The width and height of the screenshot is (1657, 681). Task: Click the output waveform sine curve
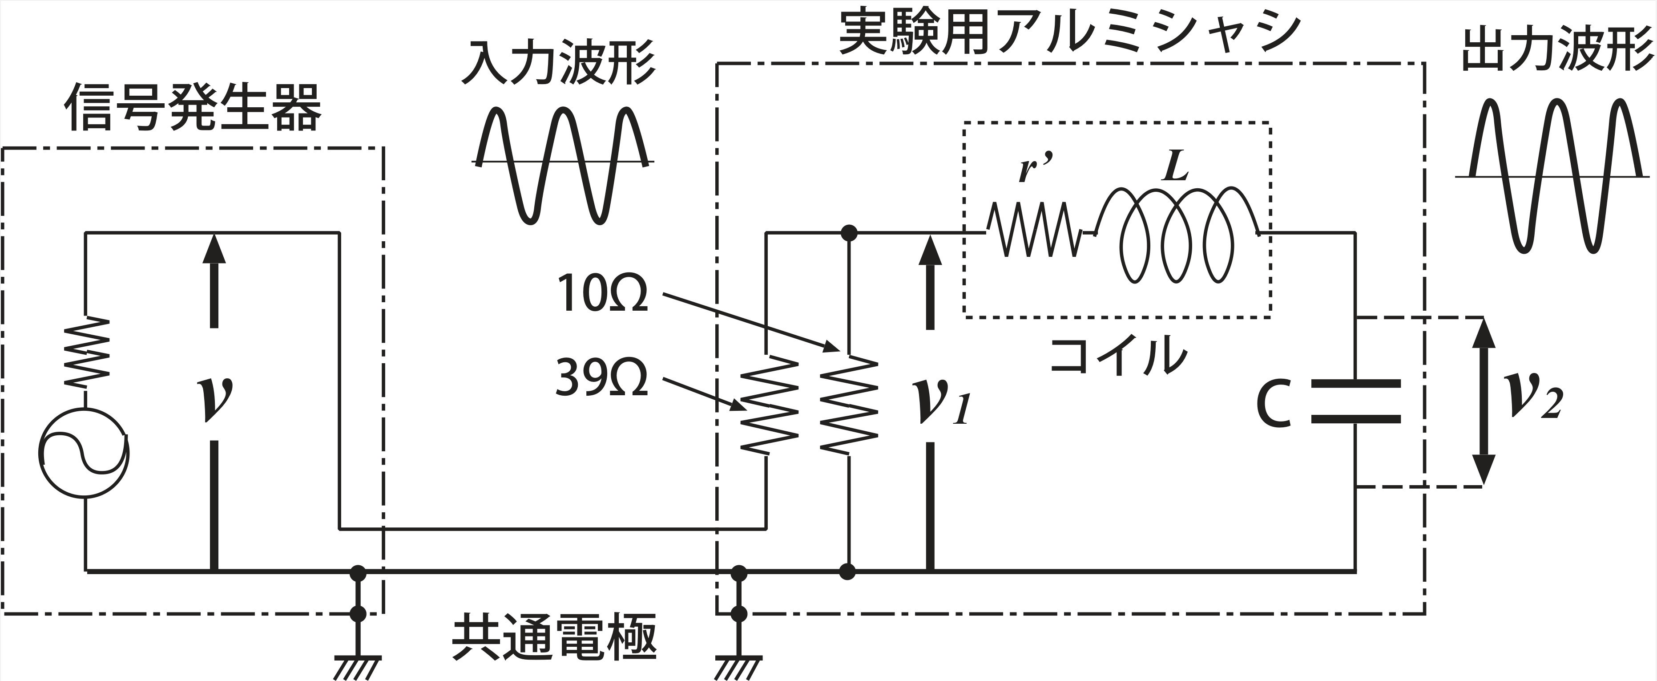(1556, 175)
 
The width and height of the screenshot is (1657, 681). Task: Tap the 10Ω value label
(601, 293)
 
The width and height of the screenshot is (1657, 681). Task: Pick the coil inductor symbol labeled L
(1177, 235)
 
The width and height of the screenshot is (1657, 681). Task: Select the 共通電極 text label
(554, 638)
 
